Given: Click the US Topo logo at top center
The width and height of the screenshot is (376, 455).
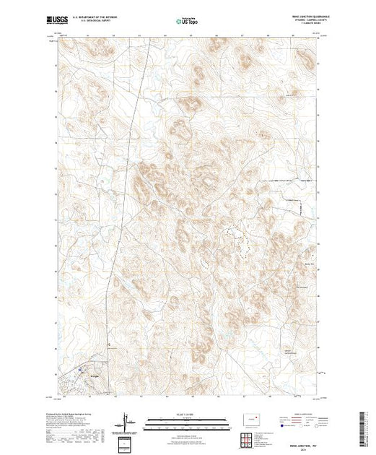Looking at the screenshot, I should click(x=188, y=21).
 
